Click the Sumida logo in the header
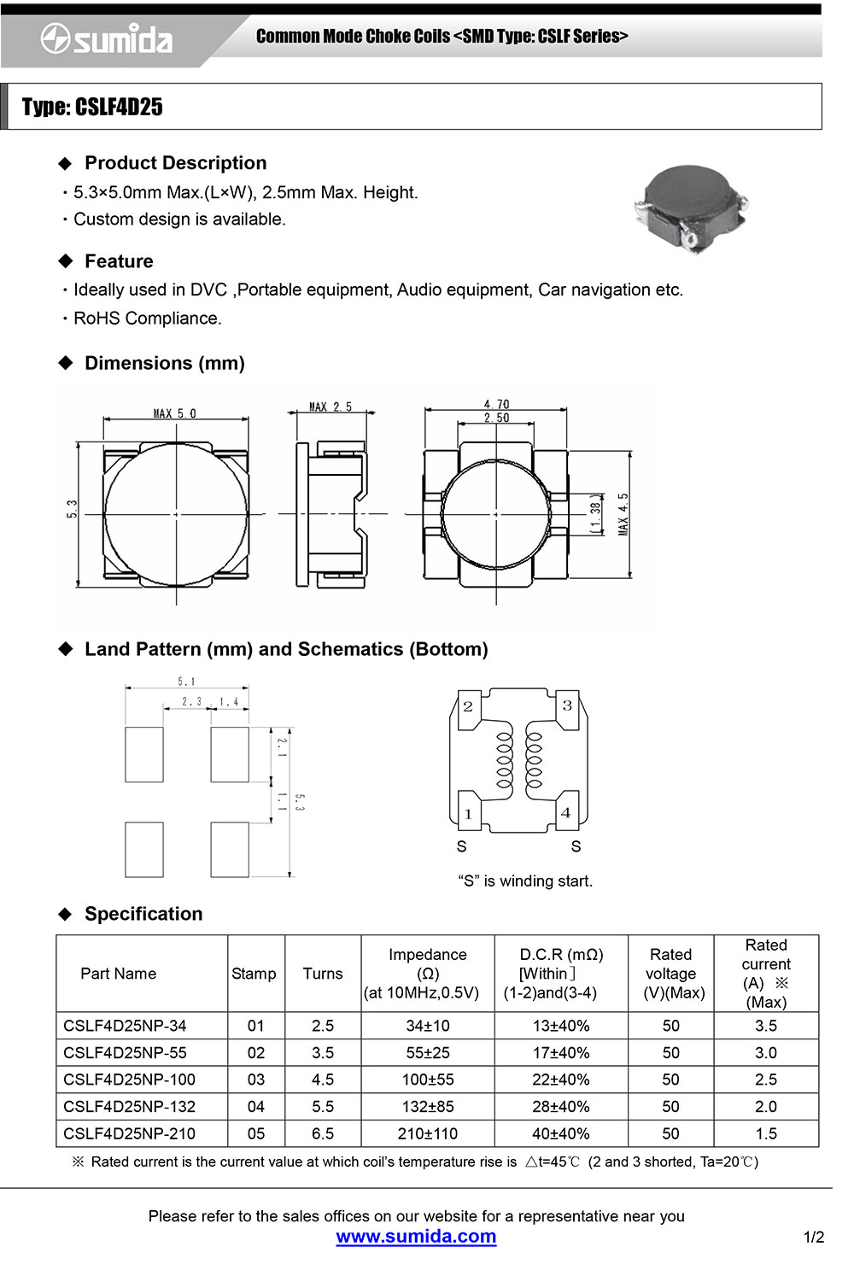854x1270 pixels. pos(106,39)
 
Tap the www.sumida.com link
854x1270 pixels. pos(416,1236)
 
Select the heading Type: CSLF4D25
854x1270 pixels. pos(92,107)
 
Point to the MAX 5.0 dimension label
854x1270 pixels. pos(175,413)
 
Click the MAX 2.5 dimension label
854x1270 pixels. pos(330,407)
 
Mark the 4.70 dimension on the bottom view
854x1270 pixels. pos(496,404)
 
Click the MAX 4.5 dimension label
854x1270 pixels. pos(623,514)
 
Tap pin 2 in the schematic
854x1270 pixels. pos(468,706)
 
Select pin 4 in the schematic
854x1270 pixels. pos(565,812)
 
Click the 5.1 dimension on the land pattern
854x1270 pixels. pos(186,682)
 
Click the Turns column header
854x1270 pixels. pos(323,974)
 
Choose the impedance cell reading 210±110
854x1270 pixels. pos(428,1133)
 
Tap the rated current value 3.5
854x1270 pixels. pos(766,1026)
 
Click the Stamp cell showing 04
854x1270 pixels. pos(256,1107)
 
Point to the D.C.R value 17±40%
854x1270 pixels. pos(561,1053)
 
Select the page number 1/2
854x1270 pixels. pos(814,1237)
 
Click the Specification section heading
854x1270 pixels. pos(143,914)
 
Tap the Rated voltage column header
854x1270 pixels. pos(671,974)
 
